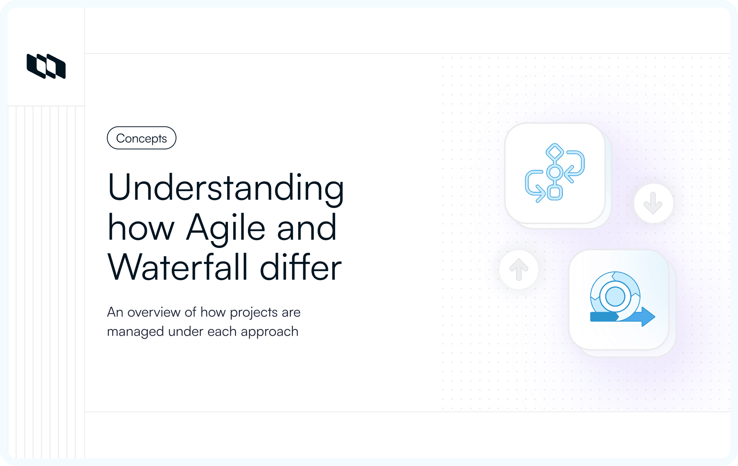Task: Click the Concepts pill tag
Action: click(x=141, y=138)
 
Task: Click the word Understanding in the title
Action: click(x=226, y=188)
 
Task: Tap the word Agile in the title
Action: click(x=226, y=228)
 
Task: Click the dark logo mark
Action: click(x=46, y=66)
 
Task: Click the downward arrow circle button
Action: click(x=653, y=203)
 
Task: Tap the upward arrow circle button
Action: click(x=519, y=269)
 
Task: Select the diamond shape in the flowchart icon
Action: click(x=555, y=152)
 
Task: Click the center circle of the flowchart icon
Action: click(x=555, y=172)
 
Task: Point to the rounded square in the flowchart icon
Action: click(x=555, y=192)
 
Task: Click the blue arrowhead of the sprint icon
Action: click(x=648, y=317)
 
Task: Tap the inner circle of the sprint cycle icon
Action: click(x=615, y=296)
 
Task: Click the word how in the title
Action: click(x=141, y=228)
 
